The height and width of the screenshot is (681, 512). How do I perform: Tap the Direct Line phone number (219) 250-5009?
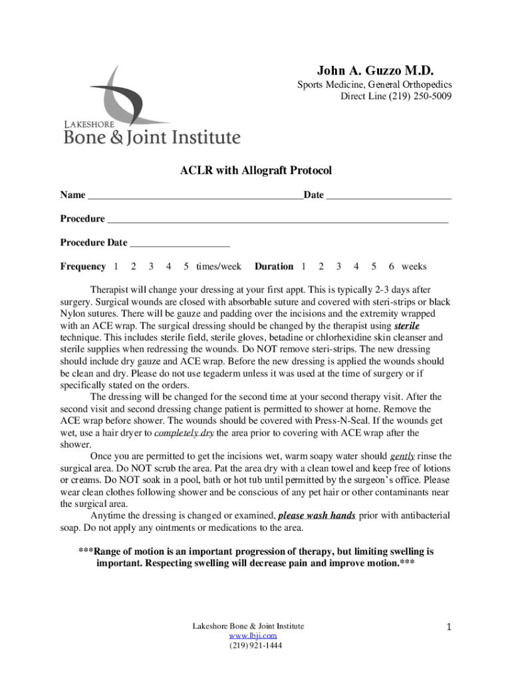418,96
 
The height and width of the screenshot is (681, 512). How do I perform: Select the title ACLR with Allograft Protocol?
256,171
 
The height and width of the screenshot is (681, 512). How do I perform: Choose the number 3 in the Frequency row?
152,267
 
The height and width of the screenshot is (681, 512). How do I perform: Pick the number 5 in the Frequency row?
186,267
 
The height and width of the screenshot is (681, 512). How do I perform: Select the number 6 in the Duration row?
392,267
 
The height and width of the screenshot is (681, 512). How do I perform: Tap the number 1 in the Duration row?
304,267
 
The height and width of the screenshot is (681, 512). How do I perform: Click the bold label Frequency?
83,267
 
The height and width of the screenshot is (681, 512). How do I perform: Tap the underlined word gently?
403,456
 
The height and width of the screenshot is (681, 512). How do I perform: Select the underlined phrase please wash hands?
317,515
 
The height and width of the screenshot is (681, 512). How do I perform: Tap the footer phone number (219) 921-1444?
255,645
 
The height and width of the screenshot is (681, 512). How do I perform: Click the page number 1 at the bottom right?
449,627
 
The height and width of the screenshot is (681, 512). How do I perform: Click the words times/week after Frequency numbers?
219,267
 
